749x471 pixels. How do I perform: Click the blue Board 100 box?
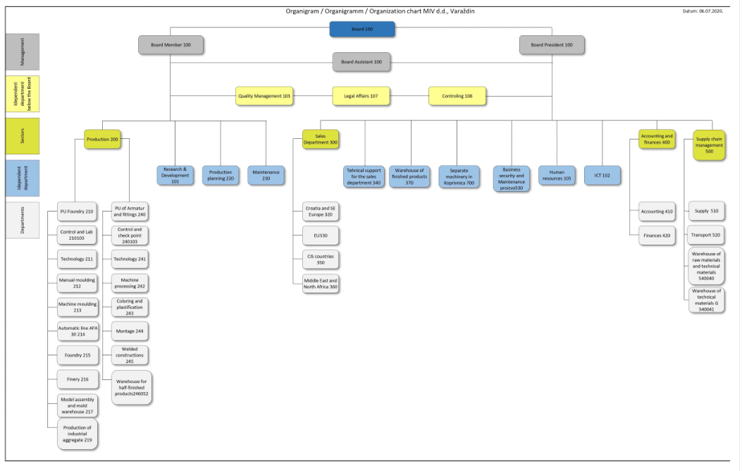(362, 29)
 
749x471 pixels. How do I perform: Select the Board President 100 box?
(552, 45)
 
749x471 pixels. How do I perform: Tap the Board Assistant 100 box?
(361, 62)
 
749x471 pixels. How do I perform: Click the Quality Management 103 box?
(264, 96)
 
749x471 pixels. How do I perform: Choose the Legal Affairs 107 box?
(361, 96)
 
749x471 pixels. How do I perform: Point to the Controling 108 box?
(457, 96)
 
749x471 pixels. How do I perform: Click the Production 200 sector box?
(102, 140)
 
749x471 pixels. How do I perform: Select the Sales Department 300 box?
(321, 140)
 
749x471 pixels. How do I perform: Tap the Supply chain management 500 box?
(709, 145)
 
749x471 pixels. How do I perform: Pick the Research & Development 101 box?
(175, 176)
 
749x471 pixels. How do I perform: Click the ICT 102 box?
(602, 176)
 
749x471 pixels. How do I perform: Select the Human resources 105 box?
(557, 176)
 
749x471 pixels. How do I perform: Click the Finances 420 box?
(657, 235)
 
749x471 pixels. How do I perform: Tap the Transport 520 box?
(706, 235)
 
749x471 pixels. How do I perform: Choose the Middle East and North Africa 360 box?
(321, 284)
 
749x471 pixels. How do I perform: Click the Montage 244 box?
(130, 331)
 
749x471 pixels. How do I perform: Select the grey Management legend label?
(23, 51)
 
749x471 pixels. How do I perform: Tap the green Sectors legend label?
(23, 136)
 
